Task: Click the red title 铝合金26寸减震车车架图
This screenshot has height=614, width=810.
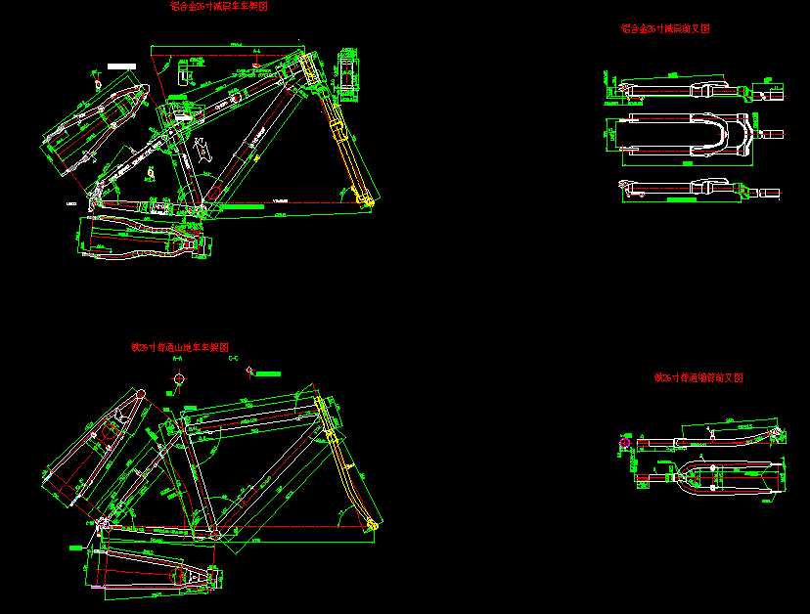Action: tap(219, 7)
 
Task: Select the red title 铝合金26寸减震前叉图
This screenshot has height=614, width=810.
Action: tap(665, 29)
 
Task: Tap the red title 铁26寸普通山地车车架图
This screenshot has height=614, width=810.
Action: tap(180, 347)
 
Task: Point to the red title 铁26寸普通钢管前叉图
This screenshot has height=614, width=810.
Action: tap(699, 377)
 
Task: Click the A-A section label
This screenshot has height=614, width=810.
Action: tap(177, 360)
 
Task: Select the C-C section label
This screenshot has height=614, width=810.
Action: tap(233, 360)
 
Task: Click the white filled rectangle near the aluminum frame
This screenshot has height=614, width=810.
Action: tap(120, 66)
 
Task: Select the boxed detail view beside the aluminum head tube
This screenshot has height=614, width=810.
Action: tap(346, 70)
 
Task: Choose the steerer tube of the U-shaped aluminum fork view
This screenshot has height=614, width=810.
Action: tap(771, 134)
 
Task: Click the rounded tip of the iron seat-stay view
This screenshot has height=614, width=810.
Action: tap(138, 393)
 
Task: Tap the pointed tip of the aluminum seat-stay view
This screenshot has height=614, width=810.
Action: tap(147, 89)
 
